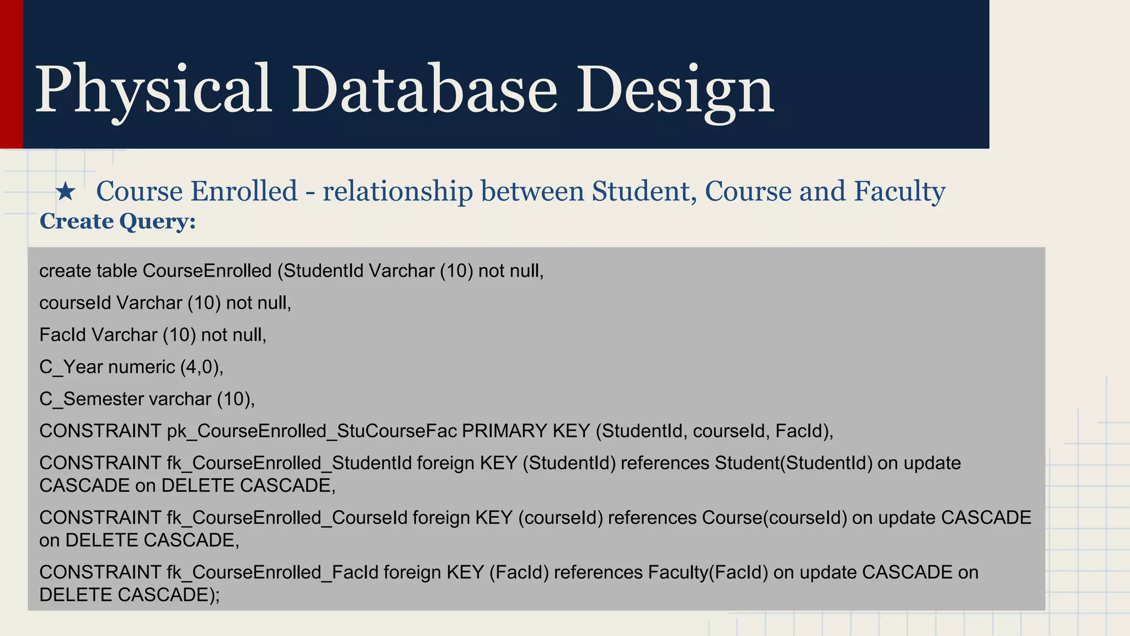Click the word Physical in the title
[153, 89]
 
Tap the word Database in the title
[424, 89]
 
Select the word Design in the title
[675, 89]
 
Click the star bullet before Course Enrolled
[66, 192]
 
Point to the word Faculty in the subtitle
[899, 192]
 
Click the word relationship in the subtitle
[397, 192]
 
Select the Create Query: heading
[118, 221]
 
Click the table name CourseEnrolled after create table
[207, 271]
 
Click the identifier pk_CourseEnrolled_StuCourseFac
[312, 431]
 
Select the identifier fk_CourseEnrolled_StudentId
[289, 463]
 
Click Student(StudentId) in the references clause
[793, 463]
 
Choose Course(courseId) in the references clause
[774, 518]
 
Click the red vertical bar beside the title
[11, 74]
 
